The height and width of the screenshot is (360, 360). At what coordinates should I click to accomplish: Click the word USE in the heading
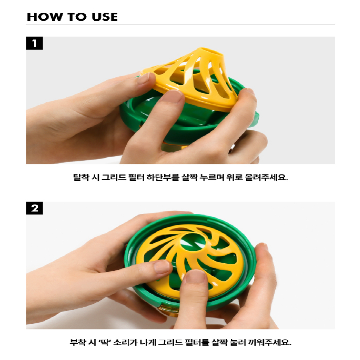pyautogui.click(x=105, y=17)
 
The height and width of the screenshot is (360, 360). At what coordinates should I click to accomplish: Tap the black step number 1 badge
pyautogui.click(x=34, y=43)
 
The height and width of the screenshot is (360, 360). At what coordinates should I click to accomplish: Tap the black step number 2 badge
pyautogui.click(x=34, y=208)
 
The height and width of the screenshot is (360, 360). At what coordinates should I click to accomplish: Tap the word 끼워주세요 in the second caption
pyautogui.click(x=270, y=342)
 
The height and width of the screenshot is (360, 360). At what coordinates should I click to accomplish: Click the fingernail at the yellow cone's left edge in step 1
pyautogui.click(x=144, y=78)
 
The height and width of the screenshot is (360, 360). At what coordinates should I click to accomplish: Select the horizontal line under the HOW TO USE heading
pyautogui.click(x=180, y=25)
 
